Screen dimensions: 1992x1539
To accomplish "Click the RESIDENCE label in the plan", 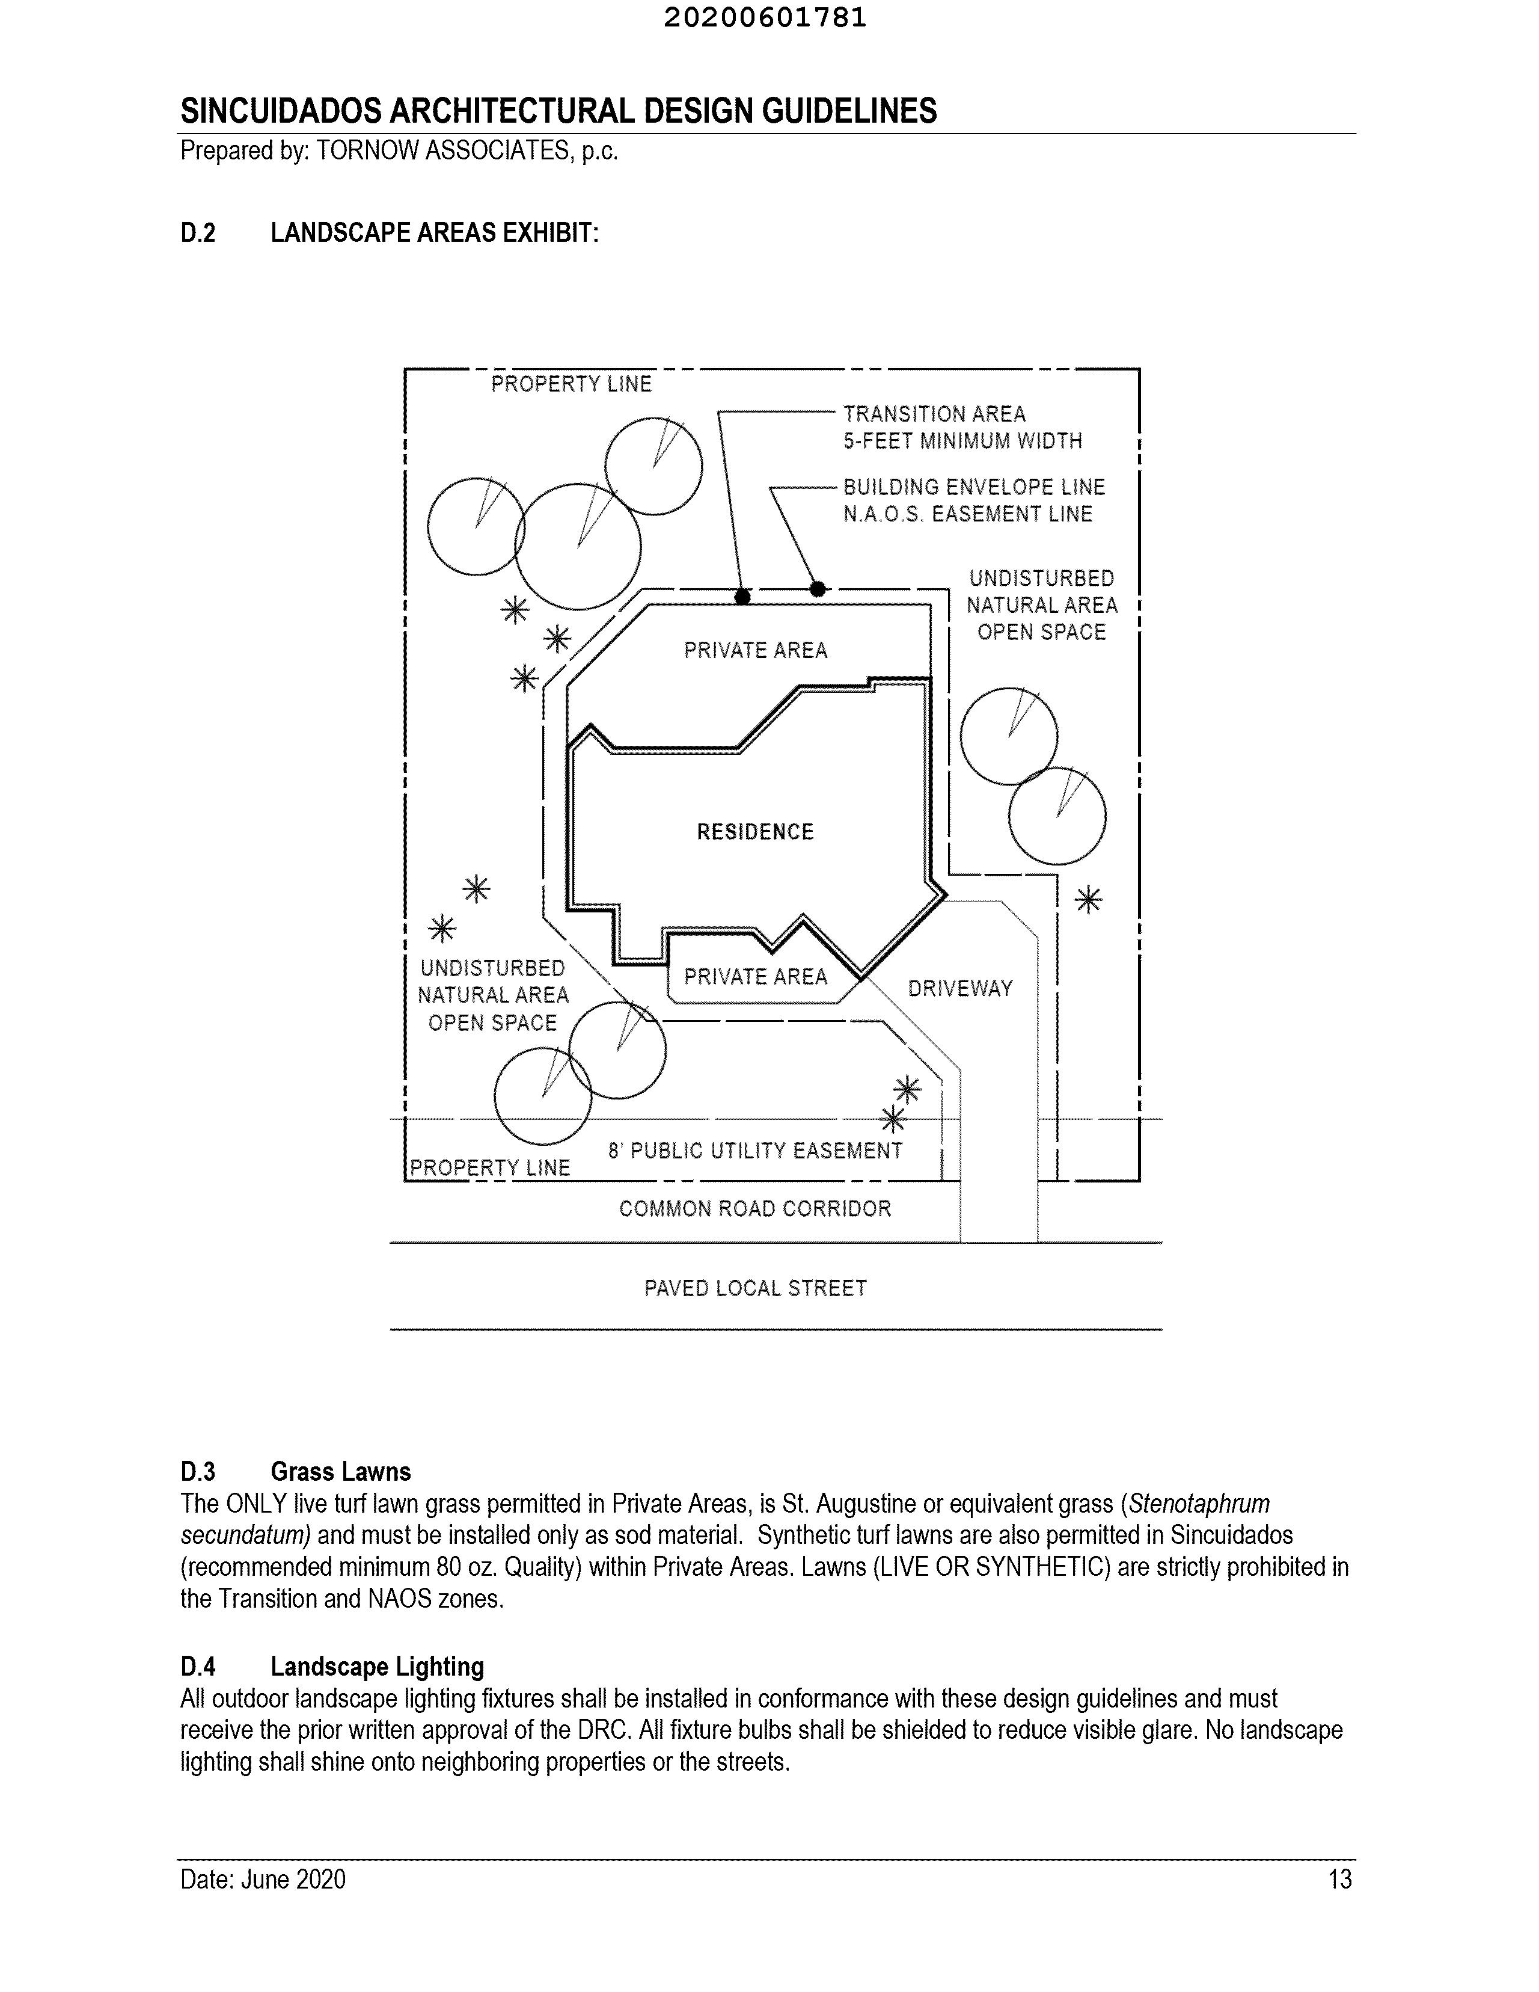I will (755, 832).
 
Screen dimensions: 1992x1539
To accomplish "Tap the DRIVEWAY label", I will (960, 989).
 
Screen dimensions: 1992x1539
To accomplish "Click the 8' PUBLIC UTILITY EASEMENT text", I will (755, 1151).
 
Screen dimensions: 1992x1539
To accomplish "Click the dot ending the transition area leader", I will (743, 597).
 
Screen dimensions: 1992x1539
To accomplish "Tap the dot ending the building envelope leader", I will (818, 589).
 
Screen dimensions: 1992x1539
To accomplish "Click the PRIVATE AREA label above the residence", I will (755, 650).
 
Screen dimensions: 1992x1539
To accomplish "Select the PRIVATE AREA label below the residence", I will (755, 977).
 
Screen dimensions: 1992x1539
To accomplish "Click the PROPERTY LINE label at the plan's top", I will (572, 384).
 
